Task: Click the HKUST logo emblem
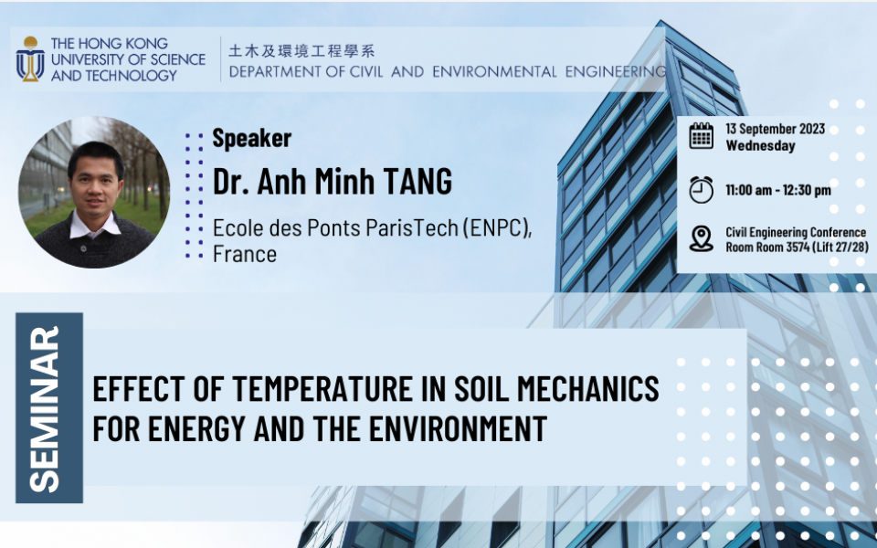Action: (30, 59)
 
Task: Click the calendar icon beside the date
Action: (701, 136)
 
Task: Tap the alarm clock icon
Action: (701, 190)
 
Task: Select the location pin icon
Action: (701, 238)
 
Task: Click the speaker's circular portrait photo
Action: (94, 192)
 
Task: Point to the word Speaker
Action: (252, 138)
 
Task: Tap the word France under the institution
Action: (245, 254)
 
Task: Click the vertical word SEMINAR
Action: (44, 409)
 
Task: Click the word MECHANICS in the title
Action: (587, 389)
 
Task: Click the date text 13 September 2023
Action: (776, 129)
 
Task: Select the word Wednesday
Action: (760, 146)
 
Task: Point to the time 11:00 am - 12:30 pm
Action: (778, 190)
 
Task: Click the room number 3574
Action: (798, 247)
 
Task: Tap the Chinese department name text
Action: (301, 51)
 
